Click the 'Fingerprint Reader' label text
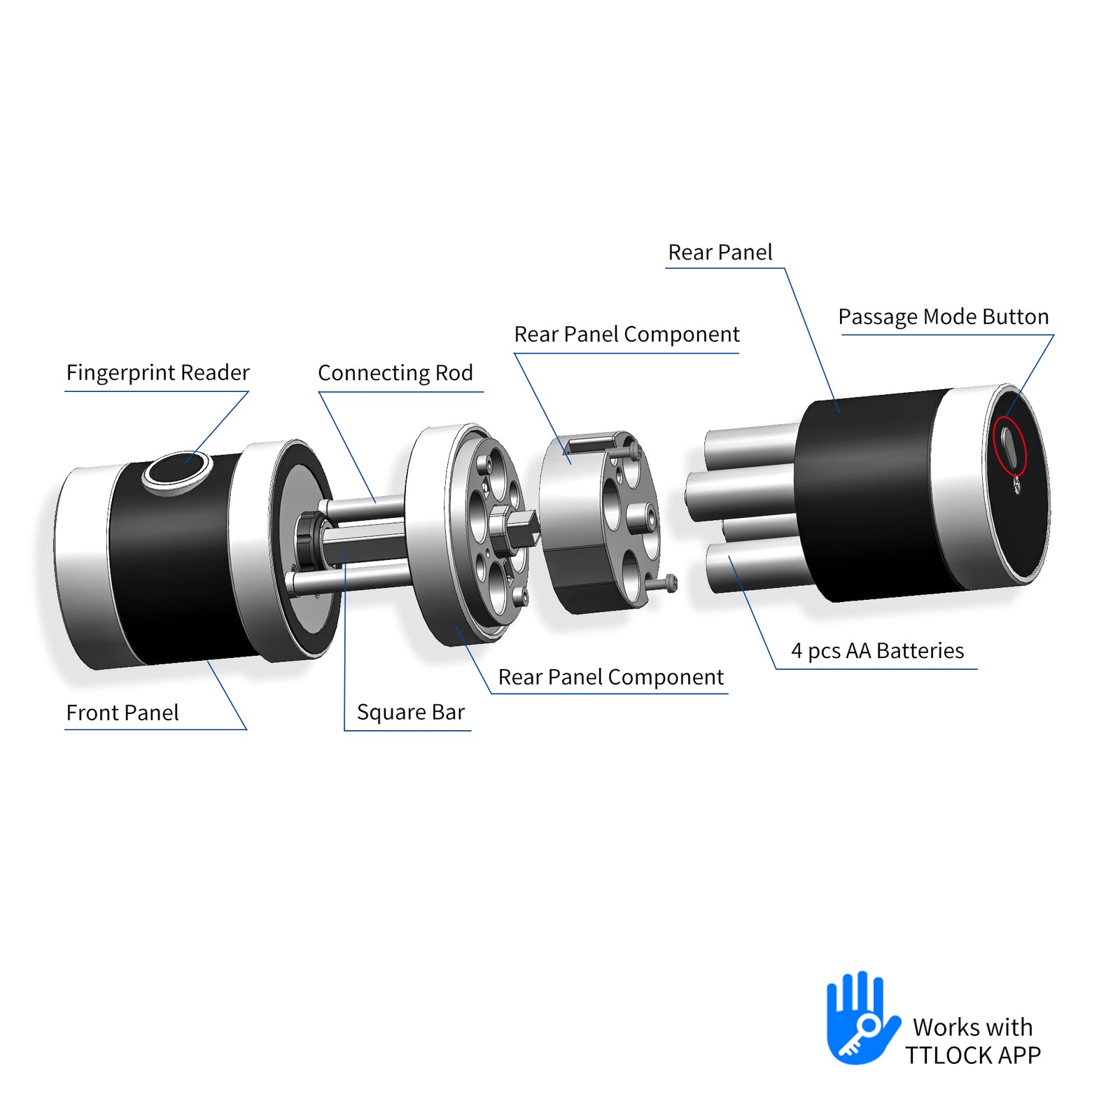click(x=157, y=372)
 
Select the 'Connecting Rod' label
click(x=395, y=373)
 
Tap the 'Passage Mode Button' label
click(x=944, y=317)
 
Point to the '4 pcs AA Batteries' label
click(x=877, y=651)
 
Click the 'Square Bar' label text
click(x=411, y=713)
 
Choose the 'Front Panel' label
click(x=122, y=713)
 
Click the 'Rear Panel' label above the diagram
click(x=720, y=252)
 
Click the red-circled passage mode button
click(x=1009, y=448)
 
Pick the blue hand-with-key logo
click(x=862, y=1018)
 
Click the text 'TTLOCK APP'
click(x=973, y=1055)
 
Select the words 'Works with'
click(x=973, y=1027)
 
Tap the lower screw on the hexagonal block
click(x=661, y=582)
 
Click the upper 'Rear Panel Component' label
click(x=626, y=335)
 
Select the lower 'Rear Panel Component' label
click(x=610, y=677)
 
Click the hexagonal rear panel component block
click(x=600, y=522)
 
